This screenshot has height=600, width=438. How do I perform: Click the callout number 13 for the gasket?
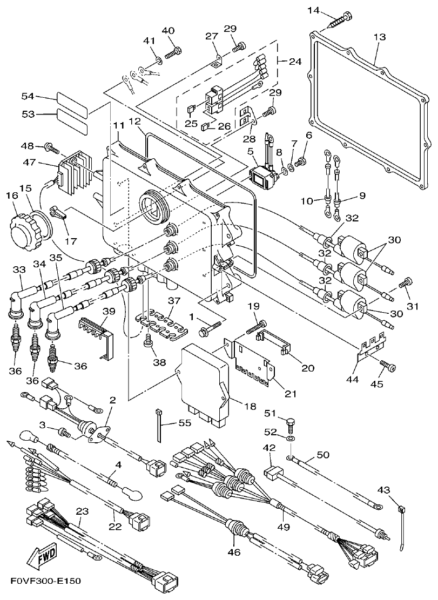(380, 37)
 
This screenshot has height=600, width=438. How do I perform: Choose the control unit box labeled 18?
(205, 375)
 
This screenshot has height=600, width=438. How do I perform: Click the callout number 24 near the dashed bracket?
(295, 62)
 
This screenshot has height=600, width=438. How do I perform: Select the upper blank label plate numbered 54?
(71, 99)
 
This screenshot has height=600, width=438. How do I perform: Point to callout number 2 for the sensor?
(112, 400)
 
